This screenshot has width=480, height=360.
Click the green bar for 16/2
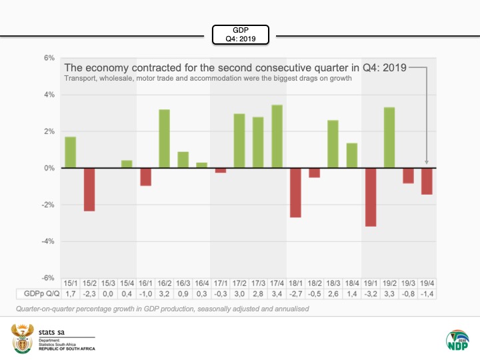(x=164, y=139)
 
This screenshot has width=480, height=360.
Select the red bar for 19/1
(x=371, y=197)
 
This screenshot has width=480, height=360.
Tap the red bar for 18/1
(x=295, y=193)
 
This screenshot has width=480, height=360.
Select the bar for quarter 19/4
(x=427, y=181)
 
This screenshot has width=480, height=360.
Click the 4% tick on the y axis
(x=49, y=95)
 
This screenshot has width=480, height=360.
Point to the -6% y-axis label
(x=47, y=278)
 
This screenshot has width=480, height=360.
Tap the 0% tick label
(x=49, y=168)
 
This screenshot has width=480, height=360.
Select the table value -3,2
(x=371, y=294)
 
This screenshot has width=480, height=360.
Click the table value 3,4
(x=277, y=294)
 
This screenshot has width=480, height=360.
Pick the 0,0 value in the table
(x=107, y=294)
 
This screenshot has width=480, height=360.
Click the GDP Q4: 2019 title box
(x=240, y=34)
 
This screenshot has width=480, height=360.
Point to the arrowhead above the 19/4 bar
(x=427, y=162)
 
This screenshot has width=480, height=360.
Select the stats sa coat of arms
(x=21, y=337)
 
